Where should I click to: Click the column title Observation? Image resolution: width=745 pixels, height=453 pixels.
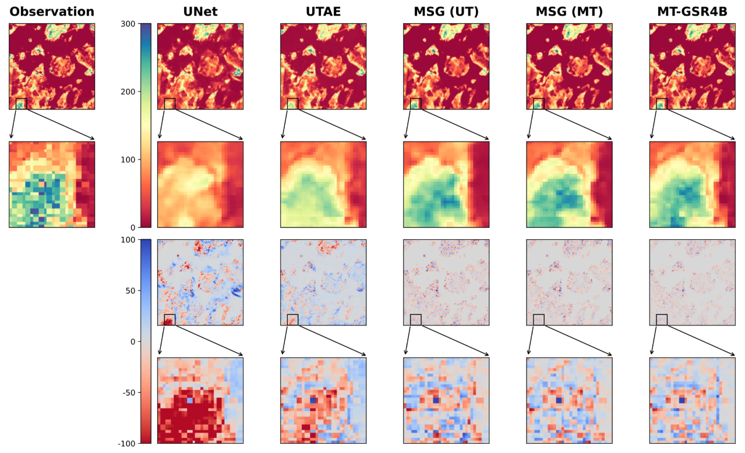(x=52, y=12)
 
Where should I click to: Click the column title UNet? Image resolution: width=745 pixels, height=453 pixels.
(x=200, y=12)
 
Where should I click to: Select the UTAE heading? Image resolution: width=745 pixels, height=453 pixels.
(x=323, y=12)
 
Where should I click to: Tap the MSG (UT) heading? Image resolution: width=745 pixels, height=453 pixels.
(x=446, y=12)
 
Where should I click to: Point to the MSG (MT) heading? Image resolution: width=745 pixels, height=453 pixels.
(x=569, y=12)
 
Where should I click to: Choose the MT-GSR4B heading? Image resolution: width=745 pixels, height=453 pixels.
(x=692, y=12)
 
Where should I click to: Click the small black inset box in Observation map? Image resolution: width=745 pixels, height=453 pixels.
(x=21, y=104)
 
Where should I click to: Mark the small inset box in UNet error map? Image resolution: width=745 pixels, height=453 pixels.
(x=170, y=320)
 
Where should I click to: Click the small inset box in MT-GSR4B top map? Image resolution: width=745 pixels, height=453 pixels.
(x=662, y=104)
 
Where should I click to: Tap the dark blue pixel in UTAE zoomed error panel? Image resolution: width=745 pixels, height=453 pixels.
(x=313, y=401)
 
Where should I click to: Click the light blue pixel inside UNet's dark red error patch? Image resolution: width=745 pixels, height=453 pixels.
(x=190, y=401)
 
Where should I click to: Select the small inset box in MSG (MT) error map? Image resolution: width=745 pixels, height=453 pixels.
(x=539, y=320)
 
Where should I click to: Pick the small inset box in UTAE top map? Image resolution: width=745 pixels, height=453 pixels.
(x=292, y=104)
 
